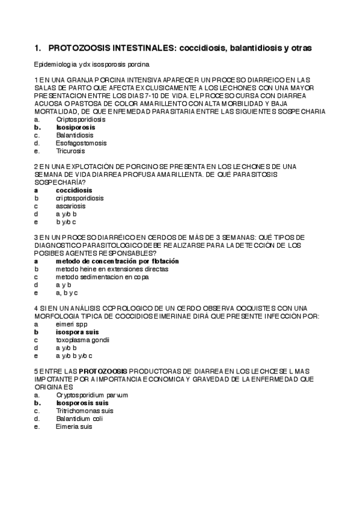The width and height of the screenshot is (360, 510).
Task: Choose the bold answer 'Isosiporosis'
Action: [76, 127]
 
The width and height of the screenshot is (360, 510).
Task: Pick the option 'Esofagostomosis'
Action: [81, 143]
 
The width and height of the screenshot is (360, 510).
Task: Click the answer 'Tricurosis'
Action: [71, 151]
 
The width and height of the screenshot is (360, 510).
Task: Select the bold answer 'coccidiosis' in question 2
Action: [74, 190]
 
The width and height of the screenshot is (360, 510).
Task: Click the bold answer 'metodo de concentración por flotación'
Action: [117, 262]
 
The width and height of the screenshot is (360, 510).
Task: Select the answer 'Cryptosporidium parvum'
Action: [92, 395]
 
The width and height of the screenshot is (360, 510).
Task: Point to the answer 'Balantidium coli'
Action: [80, 419]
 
